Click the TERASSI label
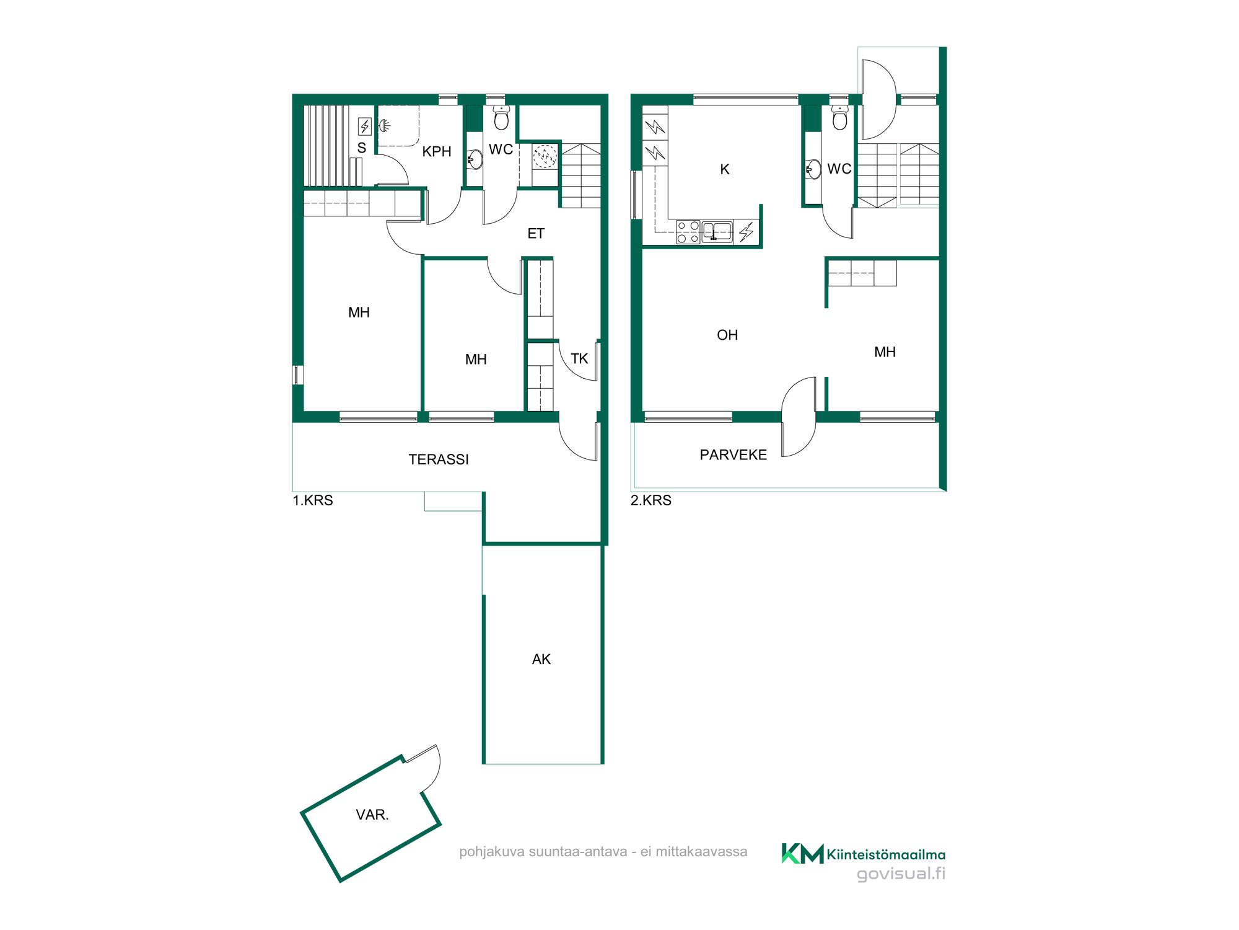tap(439, 459)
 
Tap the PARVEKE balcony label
tap(733, 455)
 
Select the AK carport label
tap(541, 659)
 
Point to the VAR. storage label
tap(372, 815)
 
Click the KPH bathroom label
tap(437, 151)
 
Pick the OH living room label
tap(727, 335)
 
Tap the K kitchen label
tap(725, 169)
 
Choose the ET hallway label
tap(536, 234)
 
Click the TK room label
tap(579, 359)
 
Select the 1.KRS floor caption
tap(313, 500)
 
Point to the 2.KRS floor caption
tap(651, 500)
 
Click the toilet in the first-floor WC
tap(501, 117)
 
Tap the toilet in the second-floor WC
tap(839, 117)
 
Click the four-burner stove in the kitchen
tap(688, 232)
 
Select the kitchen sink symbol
tap(717, 232)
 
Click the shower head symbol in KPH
tap(384, 126)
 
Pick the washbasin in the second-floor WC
tap(813, 169)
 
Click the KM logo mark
tap(802, 854)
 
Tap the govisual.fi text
tap(901, 874)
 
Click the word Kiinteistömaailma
tap(886, 855)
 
